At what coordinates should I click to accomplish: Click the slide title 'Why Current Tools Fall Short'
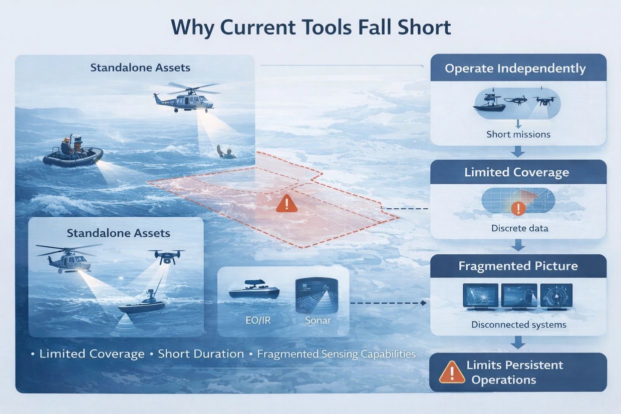[311, 28]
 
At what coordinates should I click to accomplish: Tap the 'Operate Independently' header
[515, 69]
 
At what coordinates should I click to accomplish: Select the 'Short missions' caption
[518, 134]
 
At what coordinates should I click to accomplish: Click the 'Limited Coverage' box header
[517, 172]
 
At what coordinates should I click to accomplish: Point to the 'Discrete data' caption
[520, 228]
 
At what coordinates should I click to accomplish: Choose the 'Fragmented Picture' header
[518, 266]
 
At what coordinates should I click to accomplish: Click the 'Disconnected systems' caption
[519, 324]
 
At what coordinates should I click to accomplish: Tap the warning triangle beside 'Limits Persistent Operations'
[452, 372]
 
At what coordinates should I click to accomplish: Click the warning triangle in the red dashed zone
[287, 203]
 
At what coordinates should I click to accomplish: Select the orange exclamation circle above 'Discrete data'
[518, 208]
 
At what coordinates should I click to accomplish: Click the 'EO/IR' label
[258, 320]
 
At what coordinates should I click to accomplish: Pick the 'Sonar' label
[318, 320]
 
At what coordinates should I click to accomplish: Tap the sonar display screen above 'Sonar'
[317, 295]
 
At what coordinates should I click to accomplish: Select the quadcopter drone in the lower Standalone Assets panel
[166, 257]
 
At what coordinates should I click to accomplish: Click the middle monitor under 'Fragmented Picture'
[519, 296]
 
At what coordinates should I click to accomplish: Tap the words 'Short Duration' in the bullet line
[201, 354]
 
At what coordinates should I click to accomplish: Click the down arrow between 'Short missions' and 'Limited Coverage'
[518, 152]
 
